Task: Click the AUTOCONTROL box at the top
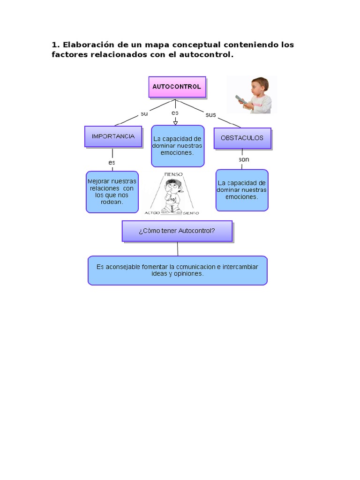(x=177, y=87)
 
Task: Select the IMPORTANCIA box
(x=113, y=136)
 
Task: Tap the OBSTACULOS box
(x=242, y=138)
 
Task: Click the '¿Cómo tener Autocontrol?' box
(x=177, y=231)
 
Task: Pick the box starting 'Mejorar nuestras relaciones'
(x=112, y=191)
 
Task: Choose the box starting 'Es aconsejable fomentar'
(x=177, y=270)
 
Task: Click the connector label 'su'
(x=144, y=113)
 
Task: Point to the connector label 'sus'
(x=210, y=114)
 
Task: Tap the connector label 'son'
(x=244, y=159)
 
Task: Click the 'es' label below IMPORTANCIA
(x=112, y=162)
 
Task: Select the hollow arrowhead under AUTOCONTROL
(x=175, y=122)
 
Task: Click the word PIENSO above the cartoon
(x=173, y=174)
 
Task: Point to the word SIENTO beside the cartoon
(x=191, y=213)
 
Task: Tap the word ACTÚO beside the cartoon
(x=152, y=213)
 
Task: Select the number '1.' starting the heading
(x=55, y=45)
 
